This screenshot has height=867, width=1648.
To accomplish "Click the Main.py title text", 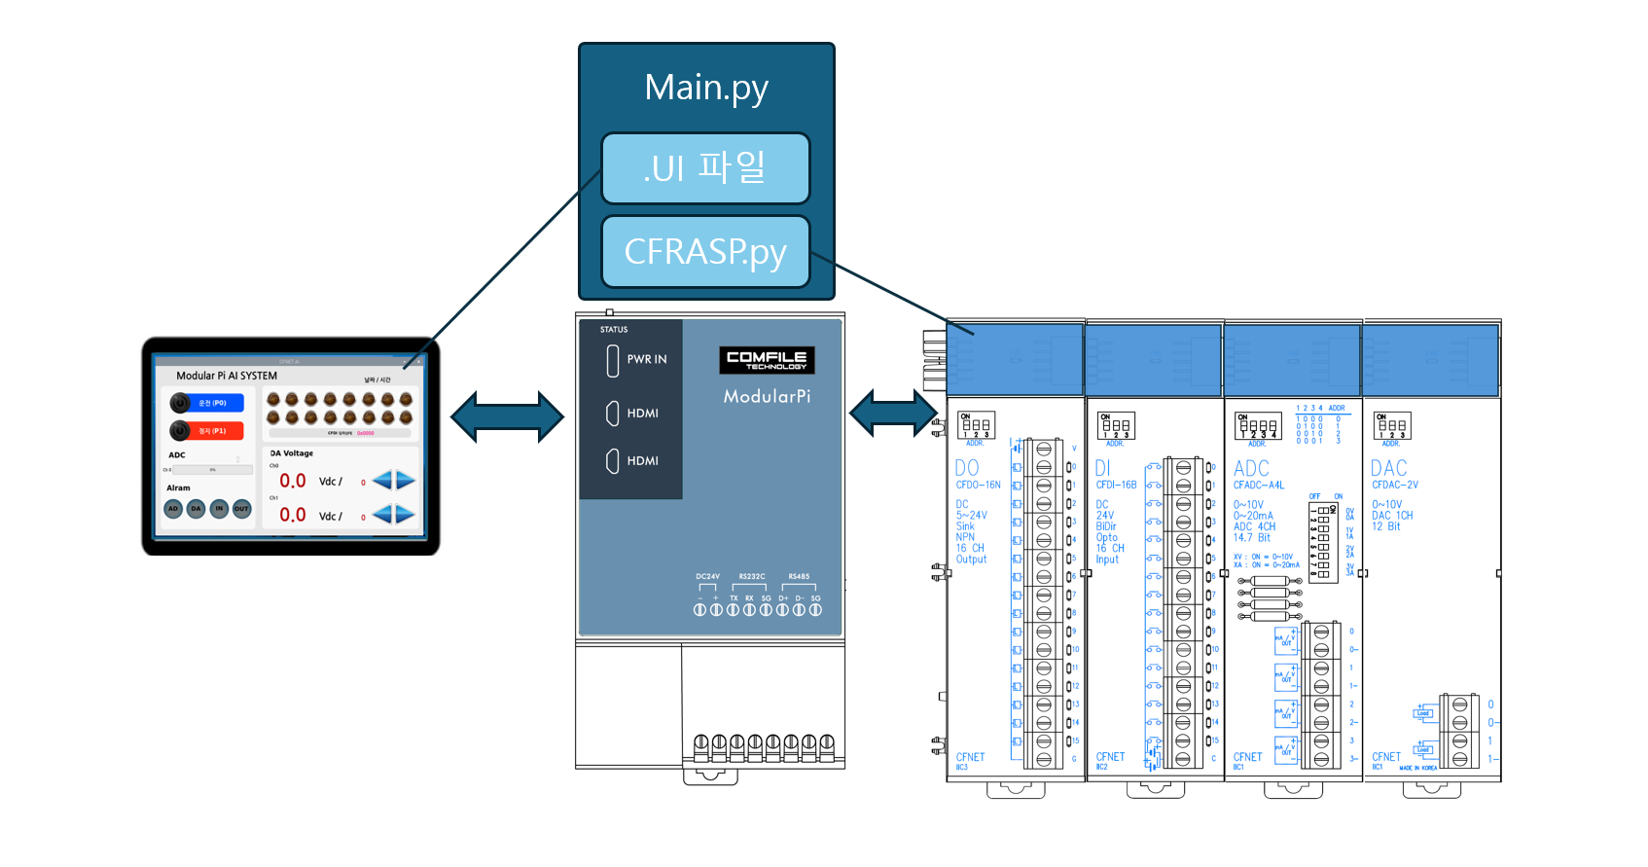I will [x=706, y=88].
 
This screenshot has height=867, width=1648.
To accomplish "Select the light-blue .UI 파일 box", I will [x=705, y=168].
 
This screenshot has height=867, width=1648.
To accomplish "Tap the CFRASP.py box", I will [x=705, y=252].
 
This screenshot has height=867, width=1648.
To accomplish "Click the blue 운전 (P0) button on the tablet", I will [x=207, y=403].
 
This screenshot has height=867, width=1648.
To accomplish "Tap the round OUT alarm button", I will [x=241, y=508].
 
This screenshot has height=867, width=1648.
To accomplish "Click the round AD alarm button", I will [x=173, y=508].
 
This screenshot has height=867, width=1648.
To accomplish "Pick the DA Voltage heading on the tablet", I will [x=292, y=453].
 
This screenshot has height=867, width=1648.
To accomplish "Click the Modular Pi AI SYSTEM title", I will [x=227, y=376].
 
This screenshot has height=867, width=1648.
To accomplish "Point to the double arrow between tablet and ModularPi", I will [x=507, y=417].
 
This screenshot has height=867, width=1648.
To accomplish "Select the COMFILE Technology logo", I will [x=767, y=359].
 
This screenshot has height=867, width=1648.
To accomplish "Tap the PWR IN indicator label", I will [x=647, y=359].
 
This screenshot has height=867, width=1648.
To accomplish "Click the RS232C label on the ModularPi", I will [x=752, y=577].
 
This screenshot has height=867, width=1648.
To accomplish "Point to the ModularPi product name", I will [x=767, y=396].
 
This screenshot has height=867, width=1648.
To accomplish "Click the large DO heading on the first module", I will [x=967, y=468].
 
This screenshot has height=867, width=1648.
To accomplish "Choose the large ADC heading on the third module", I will [x=1251, y=468].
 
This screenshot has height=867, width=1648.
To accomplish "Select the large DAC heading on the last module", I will [x=1389, y=468].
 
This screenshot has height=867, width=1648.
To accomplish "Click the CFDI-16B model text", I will [x=1116, y=485].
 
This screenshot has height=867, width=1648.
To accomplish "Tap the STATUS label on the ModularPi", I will [x=614, y=330].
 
